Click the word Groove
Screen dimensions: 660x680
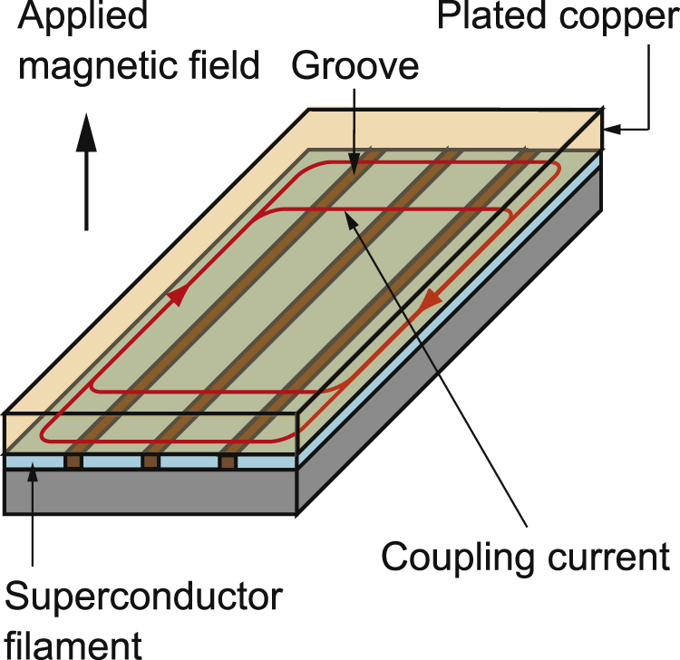click(x=357, y=66)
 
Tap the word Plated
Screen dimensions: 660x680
click(x=489, y=17)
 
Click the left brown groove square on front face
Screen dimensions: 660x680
click(x=73, y=462)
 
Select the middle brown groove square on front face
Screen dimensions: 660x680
click(x=151, y=462)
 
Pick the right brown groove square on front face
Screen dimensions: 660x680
click(x=228, y=462)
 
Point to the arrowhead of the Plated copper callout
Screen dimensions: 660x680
click(x=609, y=130)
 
